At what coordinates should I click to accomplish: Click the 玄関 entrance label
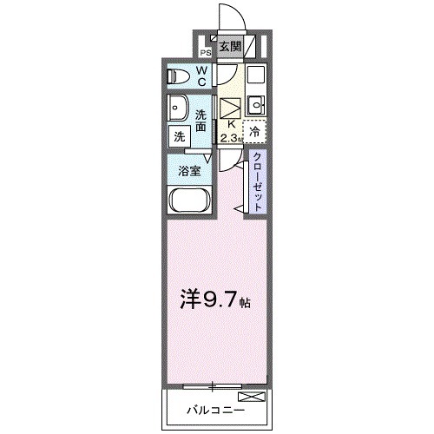click(x=229, y=47)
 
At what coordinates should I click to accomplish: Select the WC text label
click(x=201, y=76)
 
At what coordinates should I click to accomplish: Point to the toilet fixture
click(x=179, y=76)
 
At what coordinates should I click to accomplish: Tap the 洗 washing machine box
click(x=179, y=136)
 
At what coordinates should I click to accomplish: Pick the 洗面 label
click(x=201, y=120)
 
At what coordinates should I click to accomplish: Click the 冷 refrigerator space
click(x=255, y=132)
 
